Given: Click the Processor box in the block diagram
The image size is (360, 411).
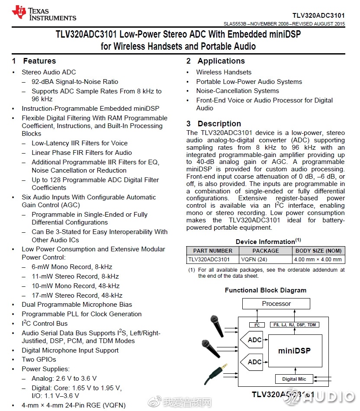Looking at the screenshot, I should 276,304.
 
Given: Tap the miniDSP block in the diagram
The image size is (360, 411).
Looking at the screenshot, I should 294,350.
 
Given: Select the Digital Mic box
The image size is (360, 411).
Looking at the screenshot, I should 294,379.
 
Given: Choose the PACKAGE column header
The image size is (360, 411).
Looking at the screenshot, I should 266,250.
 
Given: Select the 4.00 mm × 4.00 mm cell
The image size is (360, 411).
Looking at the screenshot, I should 318,260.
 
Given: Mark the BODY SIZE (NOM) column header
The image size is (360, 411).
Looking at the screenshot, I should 318,250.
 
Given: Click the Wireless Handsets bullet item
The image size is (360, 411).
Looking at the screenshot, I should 224,72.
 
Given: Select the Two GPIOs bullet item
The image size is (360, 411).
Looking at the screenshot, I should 39,360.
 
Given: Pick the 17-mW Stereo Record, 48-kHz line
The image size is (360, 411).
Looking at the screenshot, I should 77,295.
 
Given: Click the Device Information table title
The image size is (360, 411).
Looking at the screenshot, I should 265,241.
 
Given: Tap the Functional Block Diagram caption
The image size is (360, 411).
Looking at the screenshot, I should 265,290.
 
